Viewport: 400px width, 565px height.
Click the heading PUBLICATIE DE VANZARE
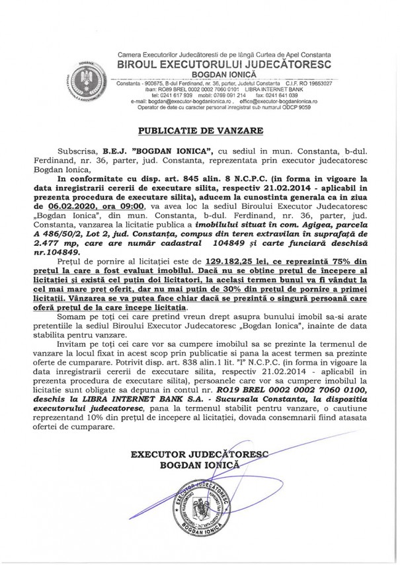(x=200, y=129)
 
